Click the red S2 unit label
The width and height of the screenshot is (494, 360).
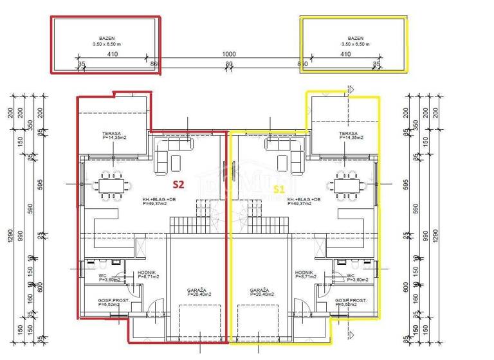pos(178,184)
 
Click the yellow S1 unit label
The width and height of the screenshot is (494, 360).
pos(279,189)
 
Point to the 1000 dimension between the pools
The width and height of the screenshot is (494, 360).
pos(228,55)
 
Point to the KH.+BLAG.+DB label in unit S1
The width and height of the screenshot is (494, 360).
pos(304,201)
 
